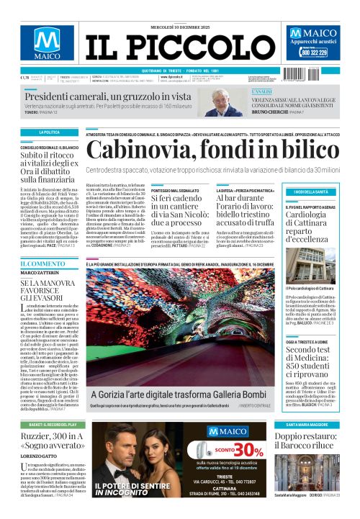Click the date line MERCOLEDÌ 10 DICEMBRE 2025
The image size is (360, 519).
pyautogui.click(x=179, y=10)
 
